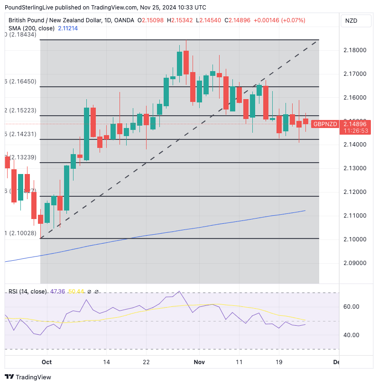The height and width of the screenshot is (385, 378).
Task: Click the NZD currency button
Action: tap(351, 21)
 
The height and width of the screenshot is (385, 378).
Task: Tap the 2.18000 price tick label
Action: tap(354, 50)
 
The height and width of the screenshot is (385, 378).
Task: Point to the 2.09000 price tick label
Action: tap(354, 263)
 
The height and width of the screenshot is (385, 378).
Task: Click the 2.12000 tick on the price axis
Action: tap(354, 192)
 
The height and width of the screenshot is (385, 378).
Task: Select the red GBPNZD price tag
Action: tap(325, 124)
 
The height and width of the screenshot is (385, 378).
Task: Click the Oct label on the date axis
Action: tap(46, 362)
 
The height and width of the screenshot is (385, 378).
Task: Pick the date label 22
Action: tap(147, 362)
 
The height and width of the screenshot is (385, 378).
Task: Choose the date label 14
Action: tap(106, 362)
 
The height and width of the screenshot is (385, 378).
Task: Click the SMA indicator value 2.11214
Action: tap(68, 28)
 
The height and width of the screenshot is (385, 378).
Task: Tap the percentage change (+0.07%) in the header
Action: tap(293, 20)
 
